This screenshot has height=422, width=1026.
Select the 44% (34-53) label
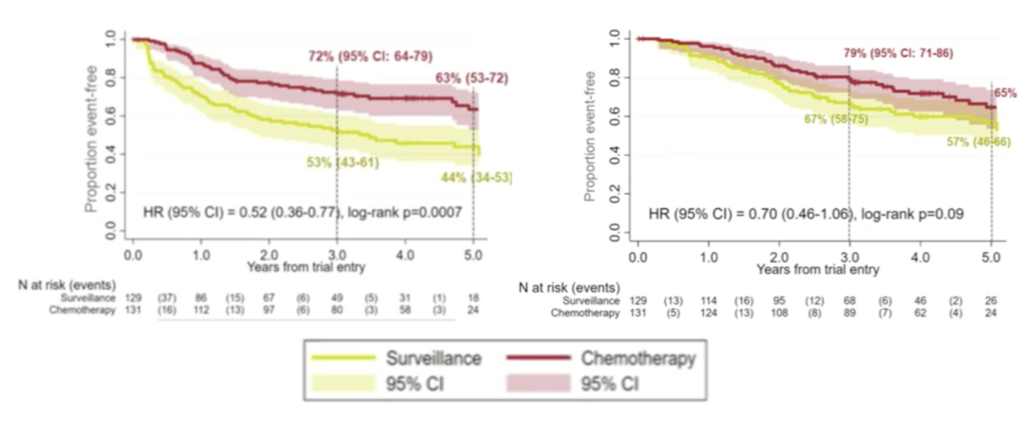pos(476,178)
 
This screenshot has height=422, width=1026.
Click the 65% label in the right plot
pos(1005,94)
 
